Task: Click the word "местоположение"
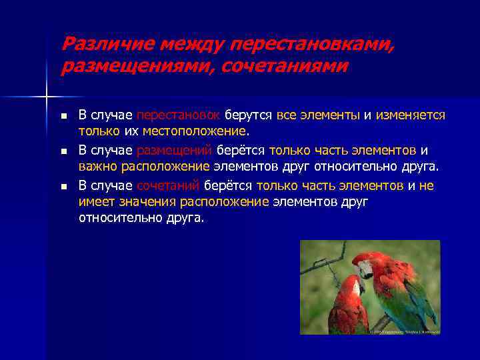[194, 131]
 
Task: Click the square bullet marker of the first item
[63, 115]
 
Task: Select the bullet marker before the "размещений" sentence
[63, 151]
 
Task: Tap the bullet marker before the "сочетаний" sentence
[63, 187]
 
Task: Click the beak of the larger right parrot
[363, 271]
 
